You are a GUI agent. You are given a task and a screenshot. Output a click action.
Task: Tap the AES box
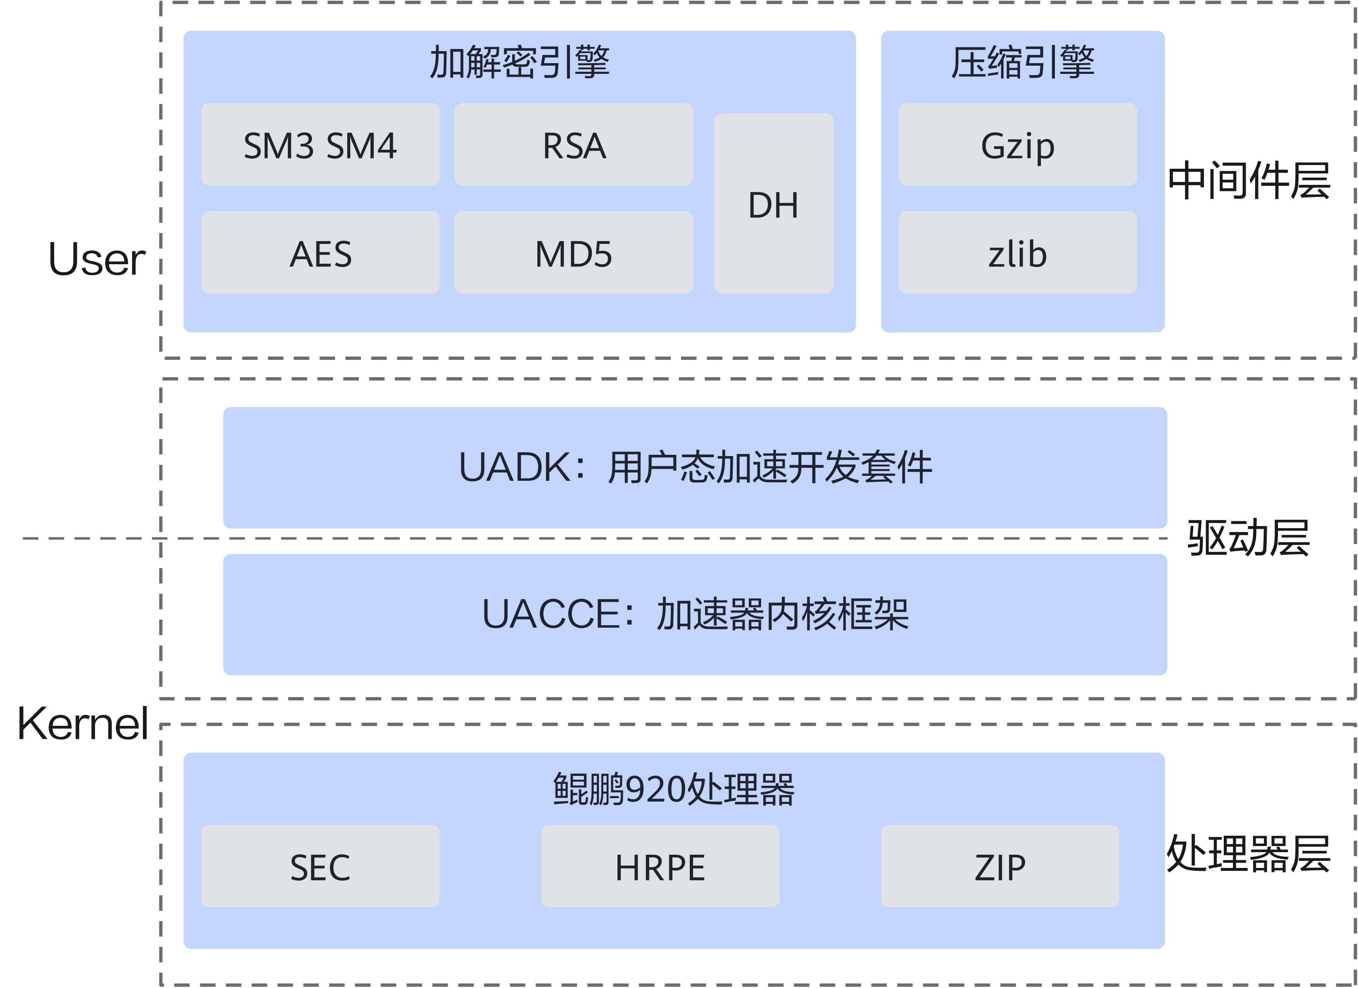[x=321, y=253]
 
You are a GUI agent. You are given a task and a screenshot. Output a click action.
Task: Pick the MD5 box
[x=574, y=253]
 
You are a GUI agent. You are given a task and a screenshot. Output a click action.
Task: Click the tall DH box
[x=774, y=204]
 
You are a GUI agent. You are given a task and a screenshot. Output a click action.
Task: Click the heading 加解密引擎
[x=519, y=62]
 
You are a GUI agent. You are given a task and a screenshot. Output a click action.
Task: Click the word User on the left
[x=97, y=260]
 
